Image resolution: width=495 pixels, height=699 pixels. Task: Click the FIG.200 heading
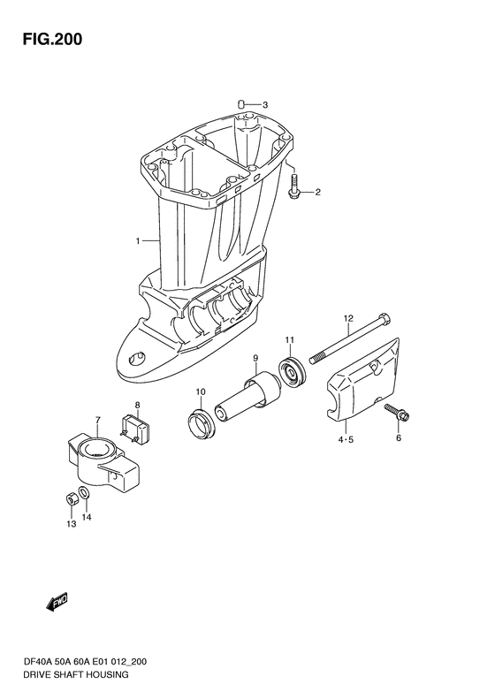53,39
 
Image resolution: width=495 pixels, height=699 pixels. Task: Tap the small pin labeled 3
241,104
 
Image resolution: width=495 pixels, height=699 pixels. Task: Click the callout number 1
138,241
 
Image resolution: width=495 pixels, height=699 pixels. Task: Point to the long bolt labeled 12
350,338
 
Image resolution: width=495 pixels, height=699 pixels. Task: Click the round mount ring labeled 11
293,372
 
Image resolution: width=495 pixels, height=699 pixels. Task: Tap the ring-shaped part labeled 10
202,422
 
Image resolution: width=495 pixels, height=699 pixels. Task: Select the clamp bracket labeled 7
103,460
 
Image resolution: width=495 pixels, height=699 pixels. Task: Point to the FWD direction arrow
57,602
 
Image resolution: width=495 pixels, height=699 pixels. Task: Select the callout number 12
348,318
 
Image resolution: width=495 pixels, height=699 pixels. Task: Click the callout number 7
97,420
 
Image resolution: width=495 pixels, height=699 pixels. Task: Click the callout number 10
201,391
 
